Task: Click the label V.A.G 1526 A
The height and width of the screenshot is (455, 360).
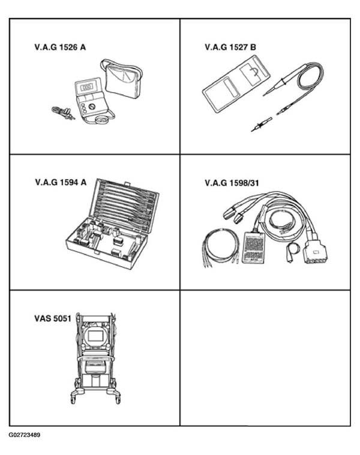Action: tap(60, 47)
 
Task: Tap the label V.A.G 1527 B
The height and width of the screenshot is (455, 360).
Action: tap(230, 47)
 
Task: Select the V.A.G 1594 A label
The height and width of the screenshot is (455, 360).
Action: tap(61, 182)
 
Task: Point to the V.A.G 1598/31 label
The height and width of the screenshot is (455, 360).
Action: tap(232, 183)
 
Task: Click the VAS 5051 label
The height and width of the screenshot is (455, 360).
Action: tap(53, 318)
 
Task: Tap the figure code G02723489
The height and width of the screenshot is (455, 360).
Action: tap(25, 435)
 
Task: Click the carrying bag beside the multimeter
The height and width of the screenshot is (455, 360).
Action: tap(122, 79)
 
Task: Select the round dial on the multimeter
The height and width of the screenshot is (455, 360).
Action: tap(92, 107)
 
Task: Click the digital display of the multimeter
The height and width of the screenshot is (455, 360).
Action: tap(86, 87)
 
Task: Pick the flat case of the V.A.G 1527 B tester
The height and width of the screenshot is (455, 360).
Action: tap(236, 83)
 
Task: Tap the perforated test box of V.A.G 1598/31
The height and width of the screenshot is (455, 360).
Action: tap(254, 248)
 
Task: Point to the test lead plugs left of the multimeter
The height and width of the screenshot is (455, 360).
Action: tap(63, 113)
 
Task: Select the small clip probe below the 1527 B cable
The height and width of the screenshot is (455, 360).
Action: tap(261, 124)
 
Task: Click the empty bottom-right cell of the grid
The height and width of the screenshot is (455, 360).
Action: tap(265, 358)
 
